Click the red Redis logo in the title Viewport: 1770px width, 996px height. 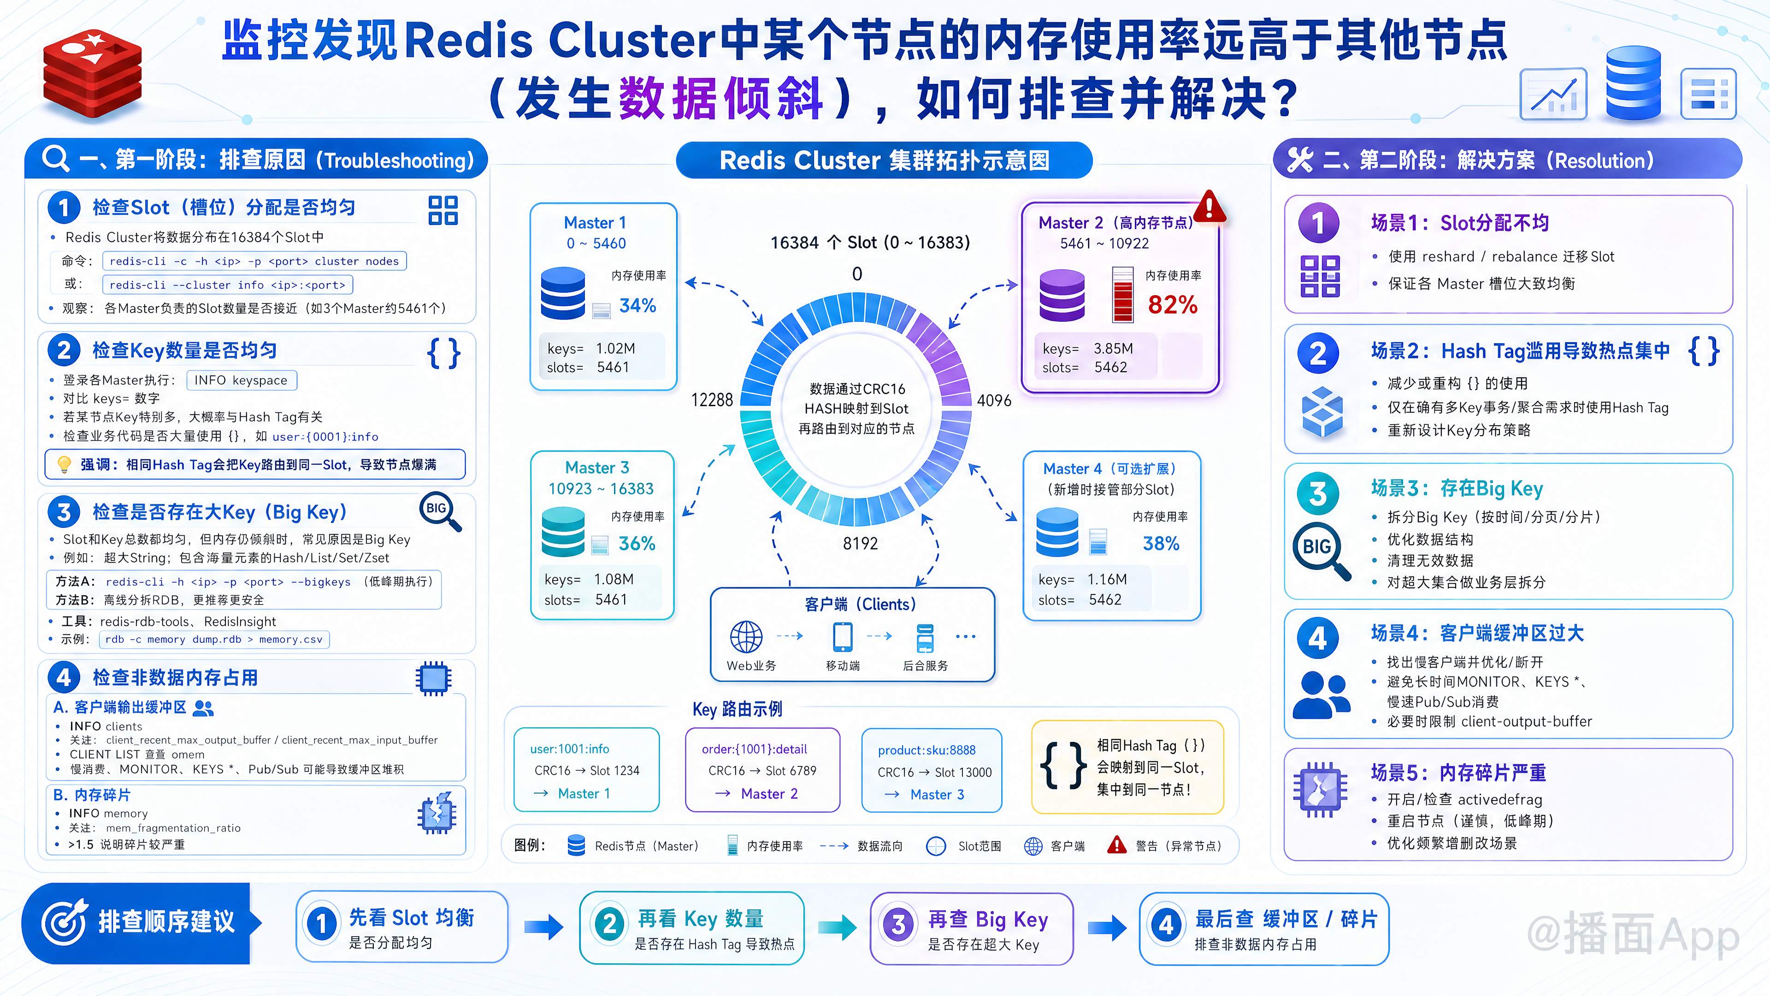[93, 76]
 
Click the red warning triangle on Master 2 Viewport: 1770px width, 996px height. [1209, 206]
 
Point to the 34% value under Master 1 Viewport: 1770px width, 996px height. [637, 305]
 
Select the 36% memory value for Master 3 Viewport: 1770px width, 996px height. [637, 544]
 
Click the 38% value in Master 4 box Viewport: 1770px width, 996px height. [1161, 544]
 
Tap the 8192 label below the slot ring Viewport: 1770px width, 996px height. [860, 544]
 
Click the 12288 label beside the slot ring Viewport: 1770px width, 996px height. [712, 400]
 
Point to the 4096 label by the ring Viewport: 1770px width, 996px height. [994, 400]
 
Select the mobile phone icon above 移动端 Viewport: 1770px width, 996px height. [843, 636]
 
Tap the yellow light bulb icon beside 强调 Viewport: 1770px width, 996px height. [64, 465]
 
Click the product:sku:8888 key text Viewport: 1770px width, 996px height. [927, 750]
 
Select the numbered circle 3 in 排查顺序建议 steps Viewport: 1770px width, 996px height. [898, 925]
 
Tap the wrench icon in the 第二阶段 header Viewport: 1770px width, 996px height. [1300, 160]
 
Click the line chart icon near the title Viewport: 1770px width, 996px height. [1553, 94]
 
